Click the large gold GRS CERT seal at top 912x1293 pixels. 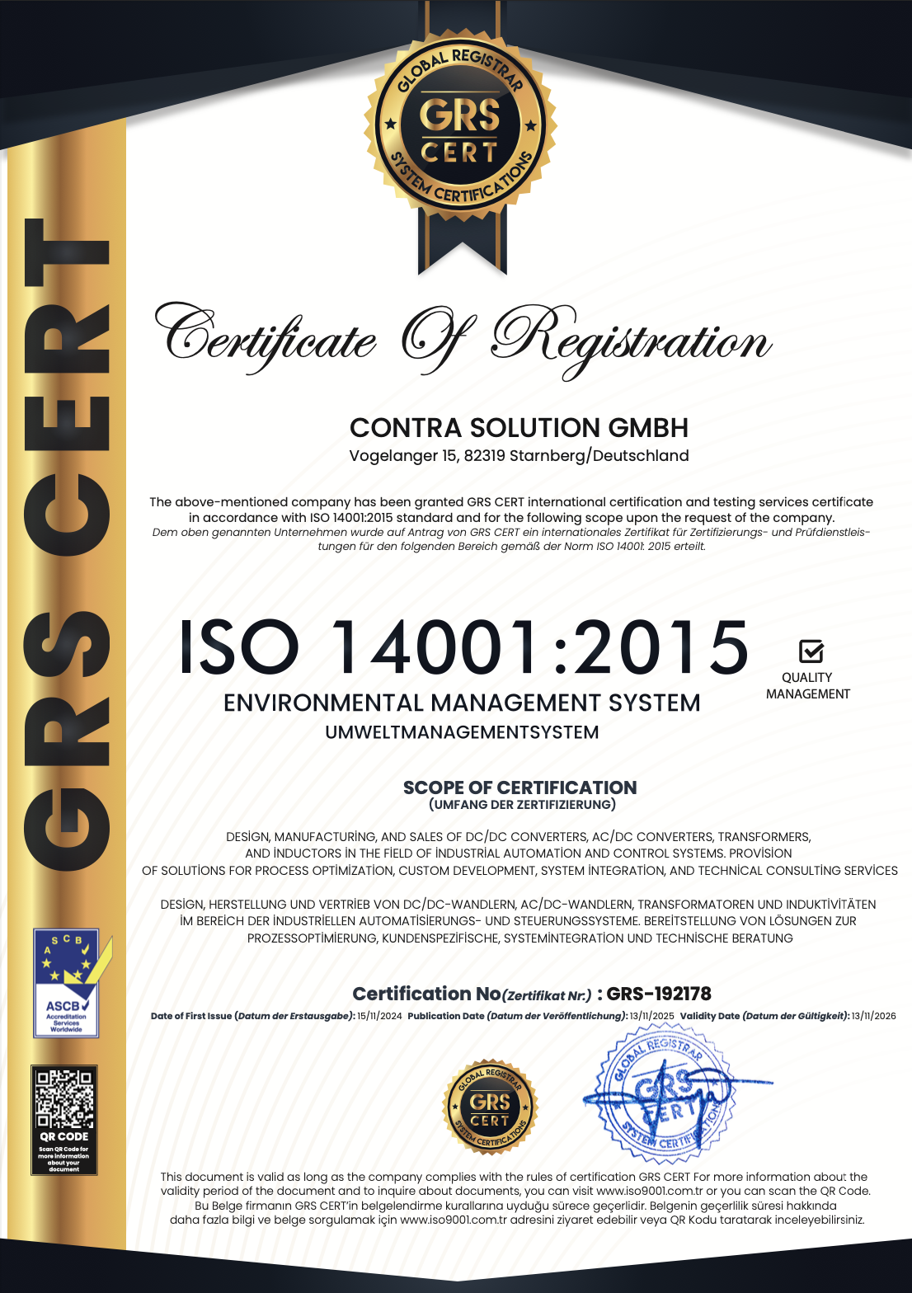coord(460,131)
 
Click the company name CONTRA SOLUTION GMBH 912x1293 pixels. coord(519,428)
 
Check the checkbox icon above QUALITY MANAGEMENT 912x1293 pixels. coord(811,651)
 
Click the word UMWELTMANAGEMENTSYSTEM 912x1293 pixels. coord(462,732)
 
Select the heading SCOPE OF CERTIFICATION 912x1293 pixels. coord(519,788)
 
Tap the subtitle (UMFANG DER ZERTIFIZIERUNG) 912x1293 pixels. coord(522,805)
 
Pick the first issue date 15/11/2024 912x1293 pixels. coord(379,1016)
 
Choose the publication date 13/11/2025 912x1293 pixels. coord(651,1016)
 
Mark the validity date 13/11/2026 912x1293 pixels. coord(873,1016)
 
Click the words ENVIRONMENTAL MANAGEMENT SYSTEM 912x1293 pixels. coord(462,703)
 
